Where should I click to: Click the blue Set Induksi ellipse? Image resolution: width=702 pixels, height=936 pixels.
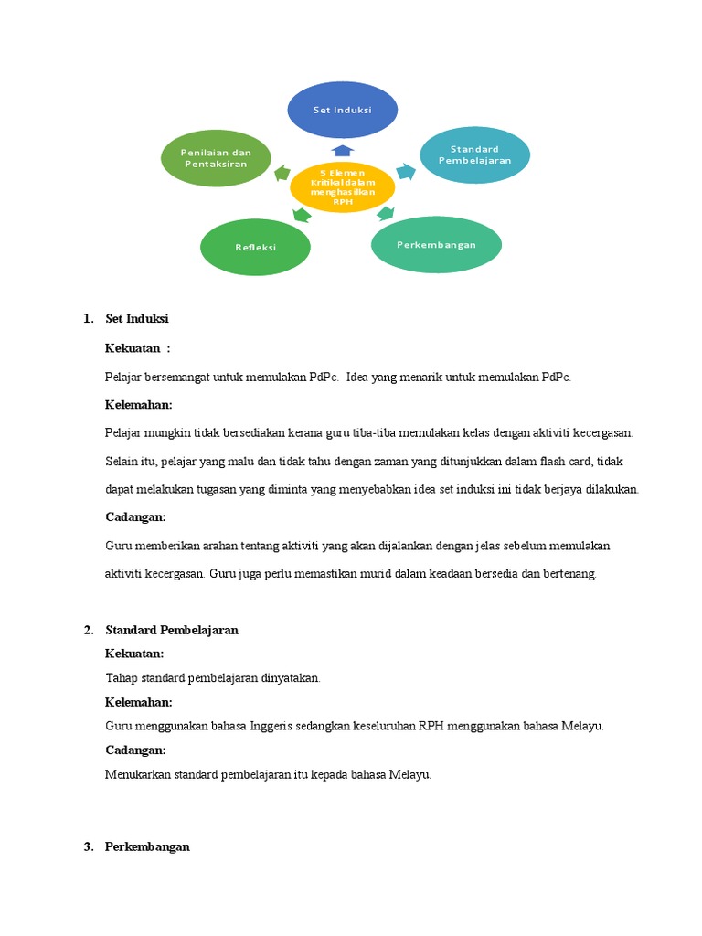343,110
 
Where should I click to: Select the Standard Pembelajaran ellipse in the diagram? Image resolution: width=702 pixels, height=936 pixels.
474,154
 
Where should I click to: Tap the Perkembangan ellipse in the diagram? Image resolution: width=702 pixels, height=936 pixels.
436,245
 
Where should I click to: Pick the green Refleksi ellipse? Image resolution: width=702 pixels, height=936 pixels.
255,247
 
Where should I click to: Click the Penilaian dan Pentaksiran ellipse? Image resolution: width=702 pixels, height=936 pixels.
216,158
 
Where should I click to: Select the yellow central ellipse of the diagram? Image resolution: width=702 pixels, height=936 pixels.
342,187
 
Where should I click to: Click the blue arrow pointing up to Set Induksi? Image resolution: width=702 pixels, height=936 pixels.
342,150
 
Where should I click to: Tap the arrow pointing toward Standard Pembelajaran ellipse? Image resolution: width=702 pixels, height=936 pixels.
405,171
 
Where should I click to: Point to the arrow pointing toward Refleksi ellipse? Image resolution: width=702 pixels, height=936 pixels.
298,216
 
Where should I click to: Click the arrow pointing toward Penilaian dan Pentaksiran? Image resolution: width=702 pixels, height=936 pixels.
282,172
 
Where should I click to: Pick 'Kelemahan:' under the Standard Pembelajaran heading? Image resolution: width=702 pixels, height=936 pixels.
139,702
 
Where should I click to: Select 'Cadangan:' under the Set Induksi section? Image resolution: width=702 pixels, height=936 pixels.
135,516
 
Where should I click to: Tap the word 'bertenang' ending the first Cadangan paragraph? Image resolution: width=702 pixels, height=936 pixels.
569,574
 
